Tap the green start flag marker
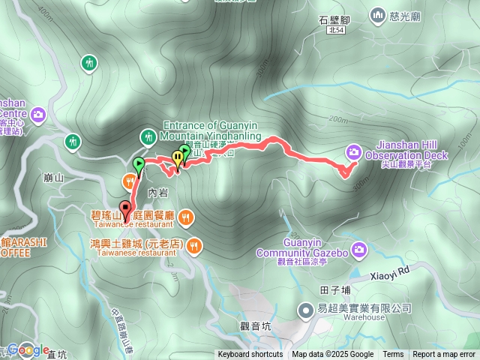click(x=139, y=163)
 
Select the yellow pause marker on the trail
click(x=177, y=157)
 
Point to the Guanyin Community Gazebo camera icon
click(x=359, y=248)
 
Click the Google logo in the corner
click(x=28, y=349)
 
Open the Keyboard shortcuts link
click(x=250, y=355)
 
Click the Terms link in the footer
click(x=393, y=355)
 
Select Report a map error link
click(x=444, y=355)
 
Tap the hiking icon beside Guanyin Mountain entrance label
click(x=147, y=136)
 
